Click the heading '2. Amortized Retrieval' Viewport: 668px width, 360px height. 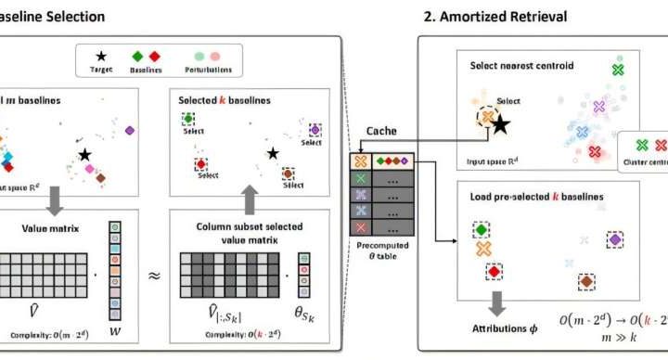495,16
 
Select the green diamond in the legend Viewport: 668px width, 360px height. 138,55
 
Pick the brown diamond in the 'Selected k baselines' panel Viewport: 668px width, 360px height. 289,173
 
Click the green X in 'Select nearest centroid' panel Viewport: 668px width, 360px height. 619,69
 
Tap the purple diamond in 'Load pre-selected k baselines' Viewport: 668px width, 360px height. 613,240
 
